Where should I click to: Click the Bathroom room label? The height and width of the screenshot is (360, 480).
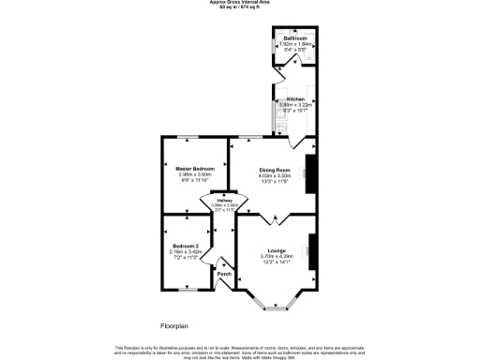coord(294,38)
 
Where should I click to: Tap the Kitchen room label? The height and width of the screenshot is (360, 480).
coord(295,97)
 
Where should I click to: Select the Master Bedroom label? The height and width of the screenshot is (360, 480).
coord(197,169)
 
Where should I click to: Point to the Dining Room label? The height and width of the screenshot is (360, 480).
coord(276,169)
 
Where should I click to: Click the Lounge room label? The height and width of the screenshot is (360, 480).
coord(277,250)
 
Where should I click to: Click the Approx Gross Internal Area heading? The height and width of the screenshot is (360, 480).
coord(240,3)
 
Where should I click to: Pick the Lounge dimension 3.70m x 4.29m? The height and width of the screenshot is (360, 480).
coord(277,256)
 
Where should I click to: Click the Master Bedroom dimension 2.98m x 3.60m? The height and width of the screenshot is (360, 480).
coord(197,174)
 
